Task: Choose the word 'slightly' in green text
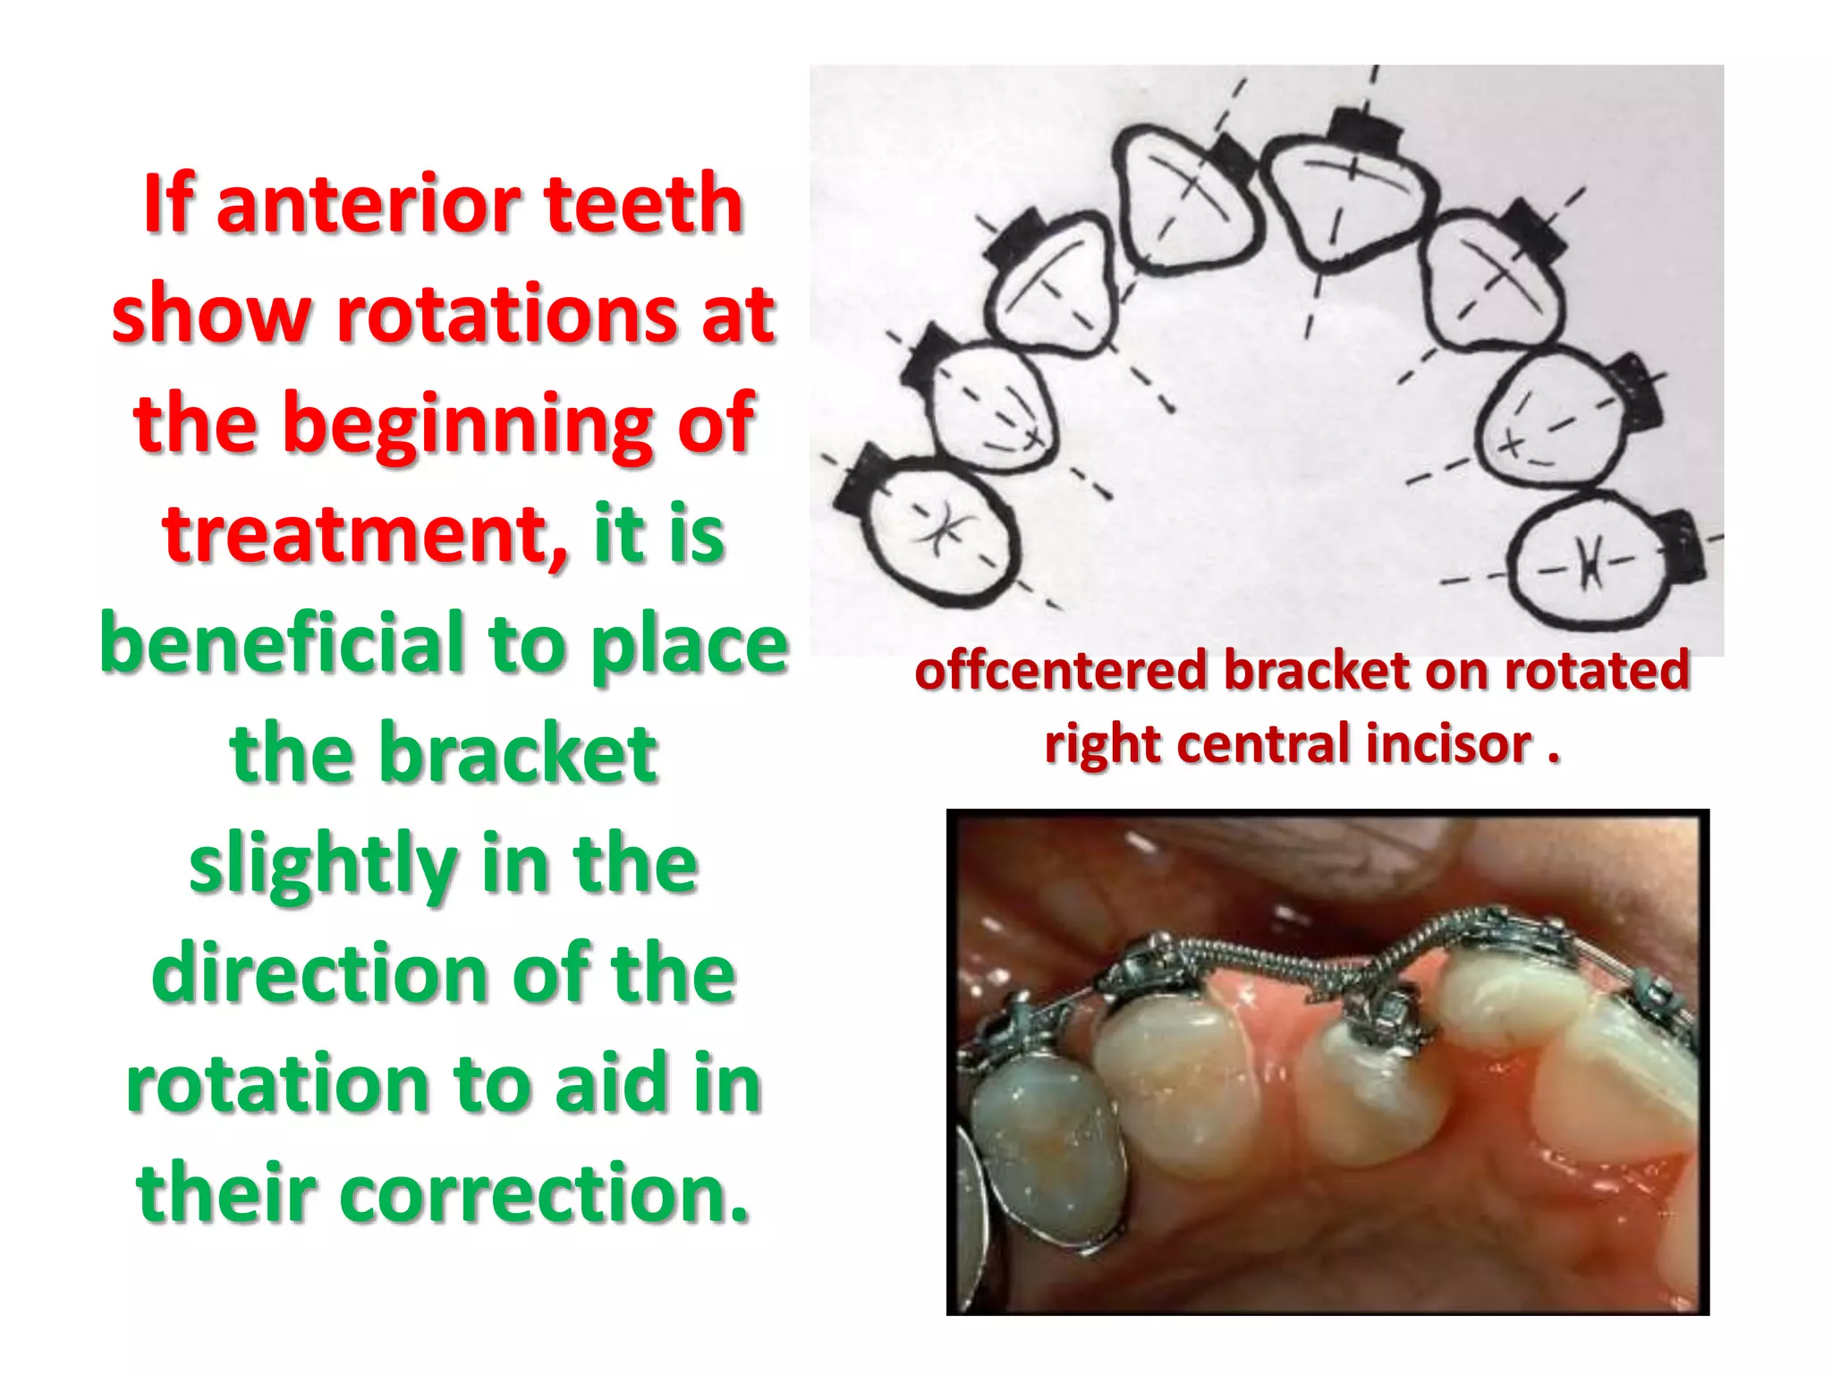click(x=322, y=864)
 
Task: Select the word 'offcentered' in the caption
click(x=1060, y=670)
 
